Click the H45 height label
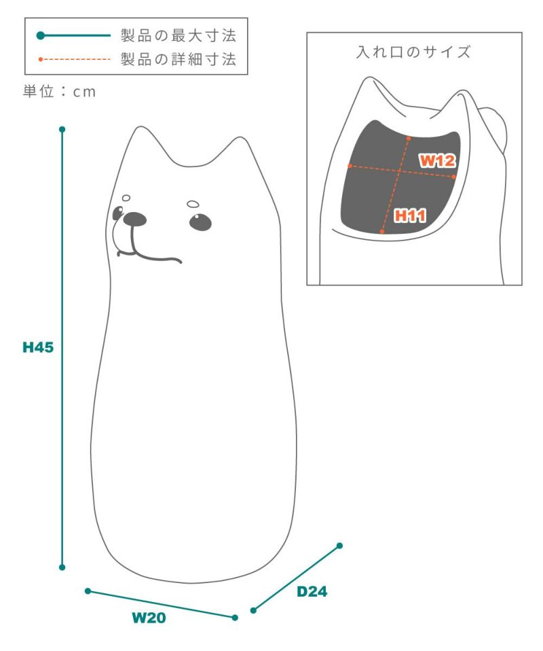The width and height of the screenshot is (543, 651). (38, 347)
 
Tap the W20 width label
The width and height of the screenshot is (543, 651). (149, 618)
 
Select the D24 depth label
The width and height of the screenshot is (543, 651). (312, 591)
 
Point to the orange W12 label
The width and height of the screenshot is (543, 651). (437, 160)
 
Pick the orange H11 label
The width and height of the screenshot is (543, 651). (410, 215)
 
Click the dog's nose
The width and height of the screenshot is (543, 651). (135, 219)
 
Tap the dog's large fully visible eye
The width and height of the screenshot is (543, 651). (200, 222)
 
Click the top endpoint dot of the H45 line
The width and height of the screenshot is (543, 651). (62, 130)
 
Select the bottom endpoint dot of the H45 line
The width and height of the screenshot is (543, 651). (62, 567)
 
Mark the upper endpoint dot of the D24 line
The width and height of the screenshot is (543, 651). (339, 546)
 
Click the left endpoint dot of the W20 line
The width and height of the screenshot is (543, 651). (88, 591)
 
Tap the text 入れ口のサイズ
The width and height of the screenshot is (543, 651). (413, 52)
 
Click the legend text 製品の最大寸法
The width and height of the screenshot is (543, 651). (179, 35)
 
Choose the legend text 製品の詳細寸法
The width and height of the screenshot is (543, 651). (179, 59)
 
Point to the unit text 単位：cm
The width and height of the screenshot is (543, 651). (59, 91)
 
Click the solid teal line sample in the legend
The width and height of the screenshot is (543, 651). (74, 35)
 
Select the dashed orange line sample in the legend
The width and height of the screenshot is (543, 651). (74, 59)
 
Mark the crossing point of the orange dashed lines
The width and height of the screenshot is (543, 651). (399, 171)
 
